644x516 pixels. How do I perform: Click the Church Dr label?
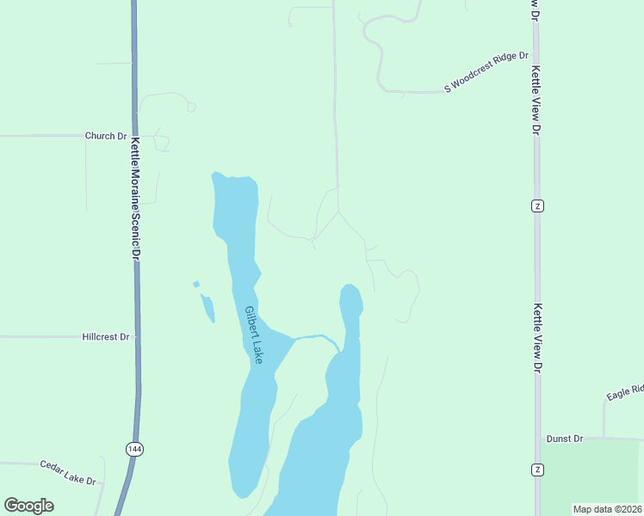click(106, 136)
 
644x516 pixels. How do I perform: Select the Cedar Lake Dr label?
click(67, 470)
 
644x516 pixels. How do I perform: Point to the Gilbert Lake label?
click(253, 334)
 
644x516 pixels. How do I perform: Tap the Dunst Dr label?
click(565, 439)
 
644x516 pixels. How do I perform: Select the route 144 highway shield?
click(133, 449)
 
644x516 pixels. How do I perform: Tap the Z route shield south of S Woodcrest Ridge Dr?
click(537, 206)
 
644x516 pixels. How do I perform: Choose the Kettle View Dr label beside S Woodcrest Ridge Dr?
click(535, 99)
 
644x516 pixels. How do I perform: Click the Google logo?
click(28, 505)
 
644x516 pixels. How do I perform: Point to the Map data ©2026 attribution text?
click(607, 509)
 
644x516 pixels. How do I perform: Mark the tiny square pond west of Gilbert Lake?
click(196, 284)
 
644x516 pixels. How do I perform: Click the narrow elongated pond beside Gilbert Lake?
click(208, 308)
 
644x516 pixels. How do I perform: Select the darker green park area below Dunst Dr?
click(592, 477)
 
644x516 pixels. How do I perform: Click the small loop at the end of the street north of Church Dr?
click(191, 107)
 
